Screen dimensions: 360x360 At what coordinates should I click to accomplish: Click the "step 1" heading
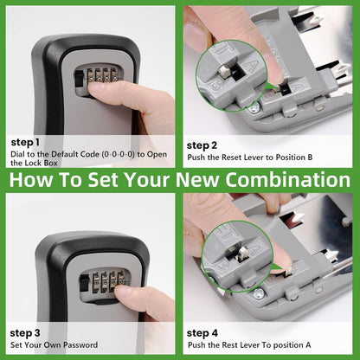click(x=25, y=142)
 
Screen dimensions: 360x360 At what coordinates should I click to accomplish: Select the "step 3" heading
click(x=25, y=331)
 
